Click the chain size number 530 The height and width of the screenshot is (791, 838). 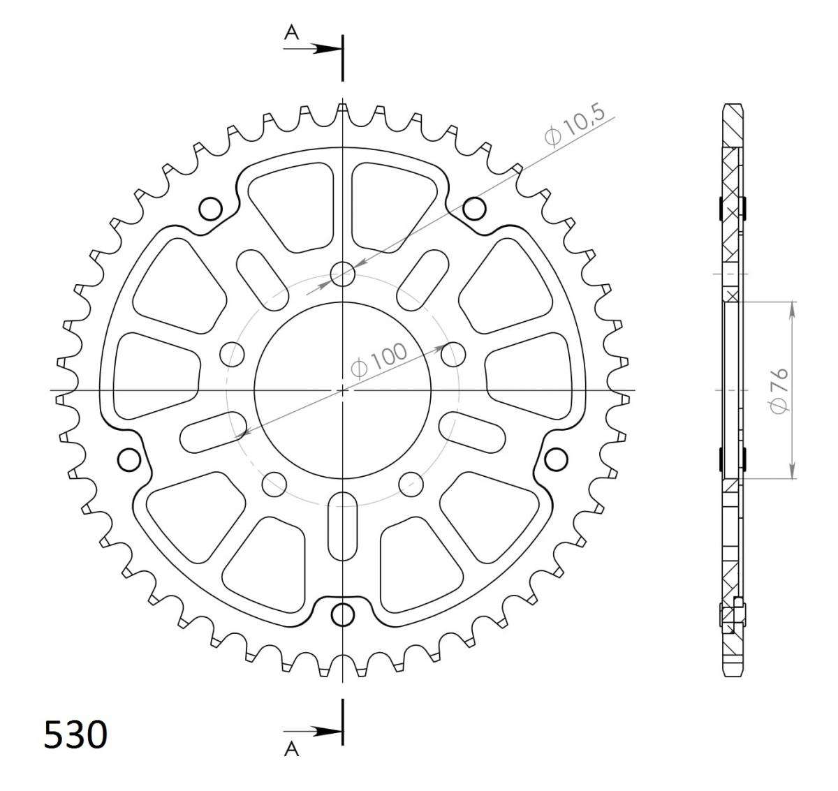75,734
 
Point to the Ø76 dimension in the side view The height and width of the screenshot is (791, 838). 779,390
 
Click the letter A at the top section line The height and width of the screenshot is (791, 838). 292,31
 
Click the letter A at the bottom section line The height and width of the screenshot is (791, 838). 292,749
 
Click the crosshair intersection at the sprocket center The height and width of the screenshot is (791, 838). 342,390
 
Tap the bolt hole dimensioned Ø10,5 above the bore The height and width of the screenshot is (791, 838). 342,273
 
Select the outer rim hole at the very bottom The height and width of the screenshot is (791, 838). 342,614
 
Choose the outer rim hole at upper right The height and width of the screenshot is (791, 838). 474,208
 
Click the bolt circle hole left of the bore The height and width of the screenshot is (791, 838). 232,354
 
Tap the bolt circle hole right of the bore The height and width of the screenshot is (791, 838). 453,354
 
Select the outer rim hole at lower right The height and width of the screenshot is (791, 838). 556,459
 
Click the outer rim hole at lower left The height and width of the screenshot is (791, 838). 129,459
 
